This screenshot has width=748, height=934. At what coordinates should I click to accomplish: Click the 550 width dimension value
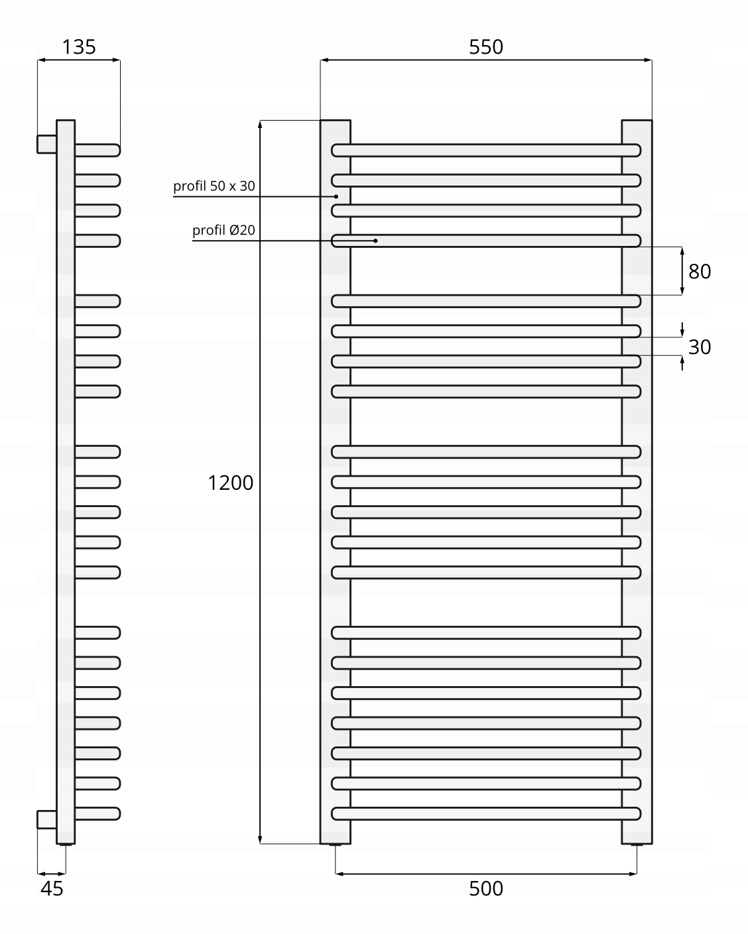(486, 47)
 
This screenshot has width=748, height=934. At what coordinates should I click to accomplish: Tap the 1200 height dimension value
(231, 483)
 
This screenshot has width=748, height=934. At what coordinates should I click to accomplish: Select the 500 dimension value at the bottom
(486, 888)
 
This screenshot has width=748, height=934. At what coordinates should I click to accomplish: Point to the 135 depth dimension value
(79, 47)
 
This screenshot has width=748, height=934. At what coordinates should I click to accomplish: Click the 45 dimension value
(52, 889)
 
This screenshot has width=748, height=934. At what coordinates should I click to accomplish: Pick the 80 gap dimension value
(700, 271)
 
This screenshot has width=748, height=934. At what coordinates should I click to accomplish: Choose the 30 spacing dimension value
(700, 347)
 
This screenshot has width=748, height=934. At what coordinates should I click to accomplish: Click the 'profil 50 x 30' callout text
(214, 186)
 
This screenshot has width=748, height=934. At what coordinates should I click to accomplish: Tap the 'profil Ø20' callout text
(224, 231)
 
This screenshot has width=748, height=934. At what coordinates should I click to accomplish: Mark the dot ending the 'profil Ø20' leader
(375, 241)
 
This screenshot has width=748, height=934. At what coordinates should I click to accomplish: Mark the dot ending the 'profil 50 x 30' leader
(336, 196)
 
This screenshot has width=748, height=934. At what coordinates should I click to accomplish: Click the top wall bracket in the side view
(46, 143)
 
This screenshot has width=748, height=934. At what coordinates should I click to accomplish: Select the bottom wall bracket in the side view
(46, 819)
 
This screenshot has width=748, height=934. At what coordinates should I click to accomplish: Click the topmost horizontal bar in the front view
(486, 150)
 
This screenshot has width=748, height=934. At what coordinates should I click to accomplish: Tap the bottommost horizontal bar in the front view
(486, 813)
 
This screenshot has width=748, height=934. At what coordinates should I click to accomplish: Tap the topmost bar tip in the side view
(117, 150)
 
